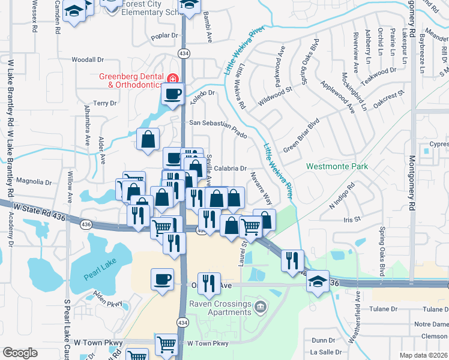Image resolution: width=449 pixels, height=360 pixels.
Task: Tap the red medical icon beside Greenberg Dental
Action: coord(172,78)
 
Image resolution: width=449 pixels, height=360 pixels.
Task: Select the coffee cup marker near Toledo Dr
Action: coord(173,94)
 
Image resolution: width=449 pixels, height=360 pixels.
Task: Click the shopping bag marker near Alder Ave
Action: coord(148,139)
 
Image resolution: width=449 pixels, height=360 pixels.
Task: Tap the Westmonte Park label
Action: coord(337,166)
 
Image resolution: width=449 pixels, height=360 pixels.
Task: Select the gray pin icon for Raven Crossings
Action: coord(260,308)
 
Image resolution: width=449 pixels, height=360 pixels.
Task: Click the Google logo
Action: coord(20,352)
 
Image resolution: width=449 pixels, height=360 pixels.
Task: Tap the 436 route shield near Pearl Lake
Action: coord(86,224)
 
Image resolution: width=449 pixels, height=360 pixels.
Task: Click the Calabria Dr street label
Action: coord(231,169)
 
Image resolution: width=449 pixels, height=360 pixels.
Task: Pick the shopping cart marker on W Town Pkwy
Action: coord(166,344)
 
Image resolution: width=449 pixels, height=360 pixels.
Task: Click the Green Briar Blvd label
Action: coord(301,135)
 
